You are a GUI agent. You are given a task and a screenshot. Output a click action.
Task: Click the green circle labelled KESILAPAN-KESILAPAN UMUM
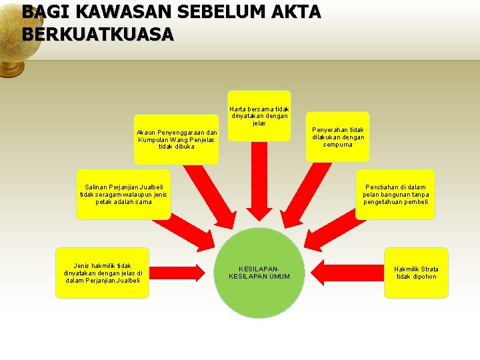pos(259,273)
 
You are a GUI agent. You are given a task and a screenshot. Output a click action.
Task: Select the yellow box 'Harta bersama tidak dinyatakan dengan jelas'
pos(259,115)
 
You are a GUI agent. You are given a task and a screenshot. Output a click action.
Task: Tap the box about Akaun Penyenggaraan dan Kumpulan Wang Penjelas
pos(176,139)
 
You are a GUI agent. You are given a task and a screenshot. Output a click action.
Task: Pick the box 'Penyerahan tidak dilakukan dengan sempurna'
pos(338,137)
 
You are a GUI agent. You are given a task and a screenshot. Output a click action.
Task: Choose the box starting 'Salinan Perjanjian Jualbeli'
pos(123,194)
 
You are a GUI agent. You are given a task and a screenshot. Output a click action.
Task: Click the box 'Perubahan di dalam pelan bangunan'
pos(395,194)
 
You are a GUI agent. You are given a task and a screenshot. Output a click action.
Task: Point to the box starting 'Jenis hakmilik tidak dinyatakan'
pos(103,273)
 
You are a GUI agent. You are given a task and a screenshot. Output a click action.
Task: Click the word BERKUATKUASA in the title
pos(97,34)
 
